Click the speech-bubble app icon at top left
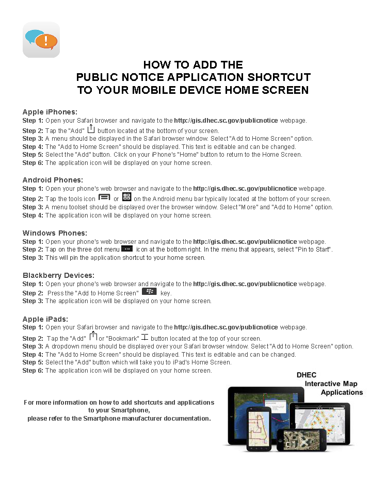tap(41, 40)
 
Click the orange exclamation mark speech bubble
tap(46, 41)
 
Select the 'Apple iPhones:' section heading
tap(50, 112)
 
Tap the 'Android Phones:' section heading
tap(53, 180)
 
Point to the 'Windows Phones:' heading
tap(55, 233)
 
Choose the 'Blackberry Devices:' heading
tap(58, 275)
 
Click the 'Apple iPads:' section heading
tap(45, 319)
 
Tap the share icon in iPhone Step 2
tap(91, 129)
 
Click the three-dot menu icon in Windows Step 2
tap(127, 248)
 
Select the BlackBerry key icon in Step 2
tap(149, 291)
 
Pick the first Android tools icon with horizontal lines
tap(104, 197)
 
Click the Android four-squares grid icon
tap(126, 197)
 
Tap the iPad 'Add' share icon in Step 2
tap(93, 337)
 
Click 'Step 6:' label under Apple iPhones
tap(33, 163)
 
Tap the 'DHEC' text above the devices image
tap(307, 375)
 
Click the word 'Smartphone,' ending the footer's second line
tap(133, 410)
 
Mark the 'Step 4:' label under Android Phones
tap(33, 215)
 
